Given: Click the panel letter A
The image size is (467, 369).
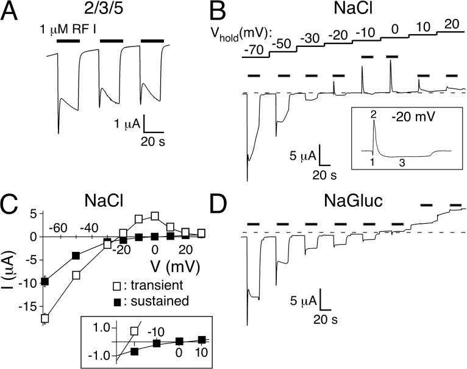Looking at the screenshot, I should point(14,13).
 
